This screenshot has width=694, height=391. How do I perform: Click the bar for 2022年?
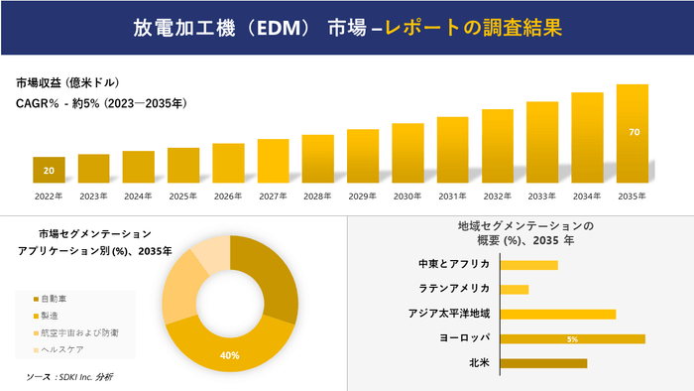pos(49,170)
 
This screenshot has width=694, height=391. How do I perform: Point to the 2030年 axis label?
pos(407,196)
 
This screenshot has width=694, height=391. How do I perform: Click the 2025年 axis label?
pos(183,196)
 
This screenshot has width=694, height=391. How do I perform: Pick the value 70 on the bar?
pos(633,131)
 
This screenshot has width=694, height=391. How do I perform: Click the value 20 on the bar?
pos(49,171)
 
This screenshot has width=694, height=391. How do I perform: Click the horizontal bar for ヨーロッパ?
pos(573,339)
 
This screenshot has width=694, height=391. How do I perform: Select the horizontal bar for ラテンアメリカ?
pos(515,289)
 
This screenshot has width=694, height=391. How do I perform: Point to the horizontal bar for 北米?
pos(544,363)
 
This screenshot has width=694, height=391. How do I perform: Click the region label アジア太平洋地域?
pos(449,314)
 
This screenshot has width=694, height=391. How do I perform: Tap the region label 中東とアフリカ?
pos(455,264)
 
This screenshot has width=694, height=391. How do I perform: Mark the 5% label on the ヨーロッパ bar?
pos(572,339)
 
